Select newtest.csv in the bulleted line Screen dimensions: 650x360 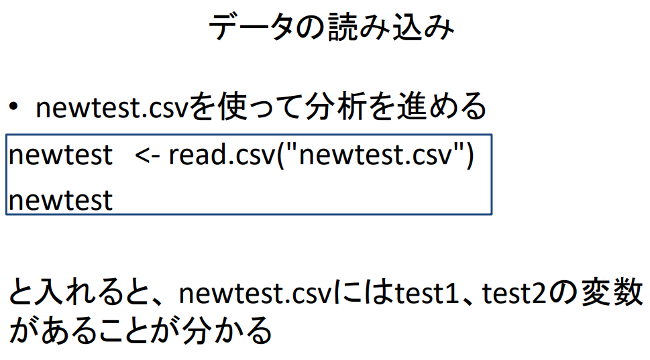click(112, 108)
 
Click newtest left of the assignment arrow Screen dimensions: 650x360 click(61, 156)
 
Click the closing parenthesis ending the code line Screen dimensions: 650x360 click(470, 156)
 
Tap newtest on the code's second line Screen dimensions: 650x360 click(61, 200)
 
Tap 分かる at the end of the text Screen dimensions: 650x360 click(229, 331)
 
